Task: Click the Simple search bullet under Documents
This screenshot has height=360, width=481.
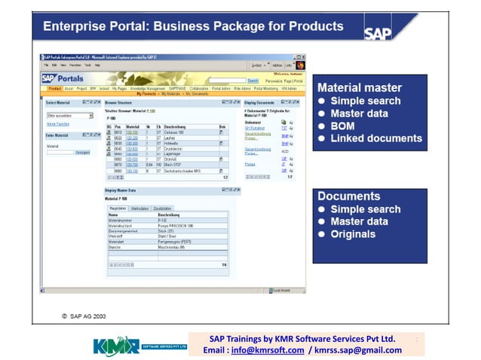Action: pos(365,209)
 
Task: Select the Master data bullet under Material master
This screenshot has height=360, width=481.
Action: pos(359,114)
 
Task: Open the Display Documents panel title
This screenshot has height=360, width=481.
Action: pos(261,101)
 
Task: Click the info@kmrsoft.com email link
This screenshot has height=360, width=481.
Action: pos(268,350)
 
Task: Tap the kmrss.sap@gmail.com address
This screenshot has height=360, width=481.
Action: pos(360,350)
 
